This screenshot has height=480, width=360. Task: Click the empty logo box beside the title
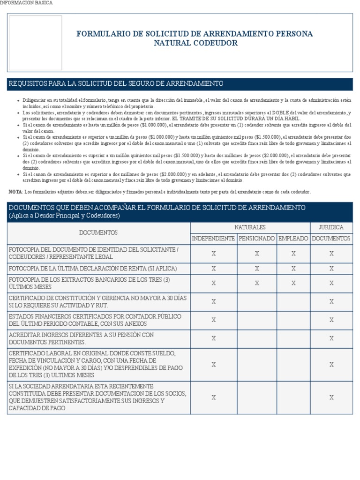[36, 43]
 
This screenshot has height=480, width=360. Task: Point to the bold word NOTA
[15, 192]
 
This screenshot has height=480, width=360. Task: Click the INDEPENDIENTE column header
[214, 239]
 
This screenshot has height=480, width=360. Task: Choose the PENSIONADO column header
[257, 239]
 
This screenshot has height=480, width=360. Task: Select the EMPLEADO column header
[293, 239]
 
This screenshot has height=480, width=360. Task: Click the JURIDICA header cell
[331, 227]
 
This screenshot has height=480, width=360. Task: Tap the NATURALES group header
[250, 227]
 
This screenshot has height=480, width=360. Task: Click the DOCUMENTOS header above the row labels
[98, 232]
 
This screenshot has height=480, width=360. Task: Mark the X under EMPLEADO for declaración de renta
[293, 269]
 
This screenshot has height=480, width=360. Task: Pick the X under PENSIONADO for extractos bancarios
[257, 283]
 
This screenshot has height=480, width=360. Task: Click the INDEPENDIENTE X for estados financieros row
[214, 320]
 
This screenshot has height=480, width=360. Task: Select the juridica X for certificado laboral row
[331, 364]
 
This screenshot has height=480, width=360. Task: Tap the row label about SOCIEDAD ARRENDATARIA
[97, 397]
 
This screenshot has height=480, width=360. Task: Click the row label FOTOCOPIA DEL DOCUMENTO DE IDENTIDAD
[94, 253]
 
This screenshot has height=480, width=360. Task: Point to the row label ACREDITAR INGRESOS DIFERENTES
[82, 338]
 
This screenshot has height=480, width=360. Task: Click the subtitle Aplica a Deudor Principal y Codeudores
[64, 216]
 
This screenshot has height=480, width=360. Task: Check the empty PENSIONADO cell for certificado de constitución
[257, 301]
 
